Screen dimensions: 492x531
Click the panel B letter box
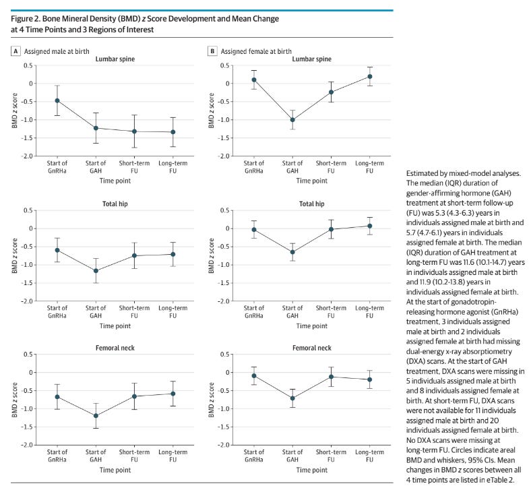tap(212, 51)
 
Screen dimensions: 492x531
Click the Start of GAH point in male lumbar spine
tap(96, 127)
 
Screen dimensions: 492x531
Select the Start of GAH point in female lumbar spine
tap(292, 120)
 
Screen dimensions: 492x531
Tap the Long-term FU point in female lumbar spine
tap(370, 76)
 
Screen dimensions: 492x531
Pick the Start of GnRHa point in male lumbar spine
tap(57, 100)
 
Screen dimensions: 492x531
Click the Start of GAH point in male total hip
tap(96, 270)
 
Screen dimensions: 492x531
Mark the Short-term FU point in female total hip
tap(332, 229)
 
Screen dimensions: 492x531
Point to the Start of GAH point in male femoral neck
tap(96, 416)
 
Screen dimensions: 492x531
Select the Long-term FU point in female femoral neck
tap(370, 379)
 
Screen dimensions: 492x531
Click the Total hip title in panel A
tap(115, 204)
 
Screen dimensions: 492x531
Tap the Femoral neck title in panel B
tap(311, 348)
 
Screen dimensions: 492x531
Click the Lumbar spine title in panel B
tap(311, 59)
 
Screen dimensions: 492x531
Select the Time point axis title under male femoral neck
tap(115, 469)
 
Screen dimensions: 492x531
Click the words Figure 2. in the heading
tap(26, 18)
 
